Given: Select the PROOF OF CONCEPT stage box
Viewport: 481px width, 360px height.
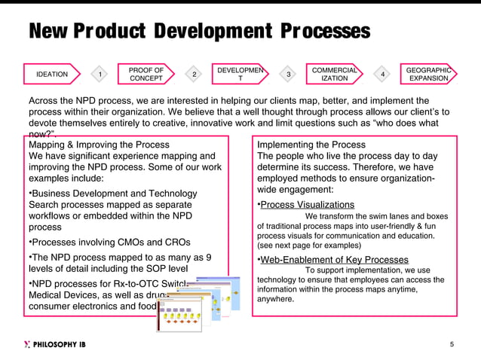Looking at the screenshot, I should tap(146, 74).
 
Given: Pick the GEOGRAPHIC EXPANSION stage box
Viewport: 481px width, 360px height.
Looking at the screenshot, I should tap(427, 74).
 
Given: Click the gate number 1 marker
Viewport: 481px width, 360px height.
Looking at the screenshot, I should tap(100, 74).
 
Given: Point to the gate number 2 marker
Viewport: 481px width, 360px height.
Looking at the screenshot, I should tap(194, 74).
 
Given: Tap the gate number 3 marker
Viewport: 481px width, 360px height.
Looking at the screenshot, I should tap(288, 74).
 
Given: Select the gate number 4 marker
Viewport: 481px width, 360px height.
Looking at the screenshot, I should tap(382, 74).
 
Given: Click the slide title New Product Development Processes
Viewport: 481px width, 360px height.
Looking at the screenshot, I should tap(199, 31).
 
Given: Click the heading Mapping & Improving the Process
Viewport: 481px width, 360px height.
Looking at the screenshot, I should tap(99, 145).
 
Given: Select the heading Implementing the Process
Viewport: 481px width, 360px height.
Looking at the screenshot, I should tap(311, 145).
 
